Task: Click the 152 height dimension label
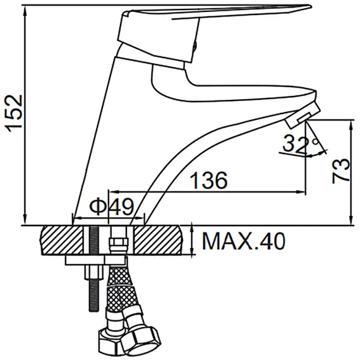[15, 114]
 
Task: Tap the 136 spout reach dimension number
[209, 180]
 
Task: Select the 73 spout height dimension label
[340, 171]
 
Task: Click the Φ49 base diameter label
[112, 207]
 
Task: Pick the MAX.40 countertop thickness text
[244, 241]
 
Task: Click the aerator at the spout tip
[303, 115]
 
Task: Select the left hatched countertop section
[62, 240]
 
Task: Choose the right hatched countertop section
[158, 240]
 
